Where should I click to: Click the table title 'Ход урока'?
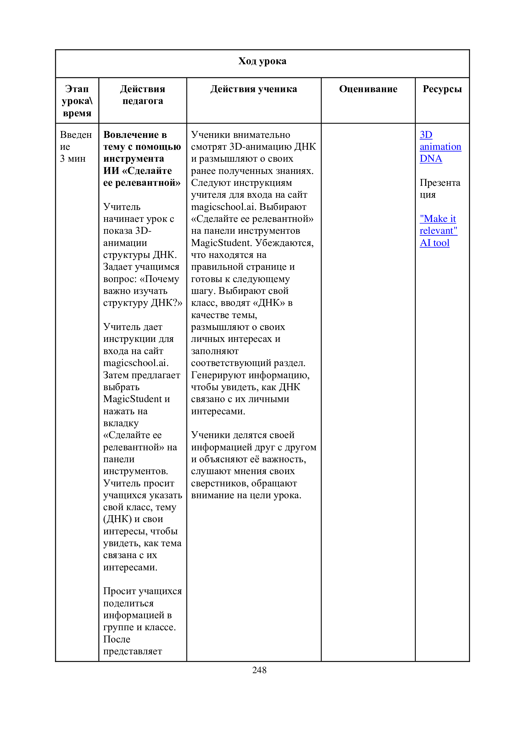[262, 61]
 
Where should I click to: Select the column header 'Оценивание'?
[368, 89]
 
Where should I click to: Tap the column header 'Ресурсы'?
[442, 89]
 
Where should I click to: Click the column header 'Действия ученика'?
[254, 89]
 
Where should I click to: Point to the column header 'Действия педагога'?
[142, 95]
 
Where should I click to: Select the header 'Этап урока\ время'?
[77, 101]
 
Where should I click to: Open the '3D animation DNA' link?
[440, 147]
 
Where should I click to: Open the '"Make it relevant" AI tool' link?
[438, 231]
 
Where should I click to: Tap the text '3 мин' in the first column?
[72, 159]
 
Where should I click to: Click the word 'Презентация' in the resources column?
[440, 188]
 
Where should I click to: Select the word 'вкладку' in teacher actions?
[121, 423]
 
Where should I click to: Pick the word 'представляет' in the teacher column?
[133, 651]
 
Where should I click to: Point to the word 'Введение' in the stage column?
[76, 140]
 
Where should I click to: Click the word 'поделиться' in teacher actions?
[128, 603]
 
